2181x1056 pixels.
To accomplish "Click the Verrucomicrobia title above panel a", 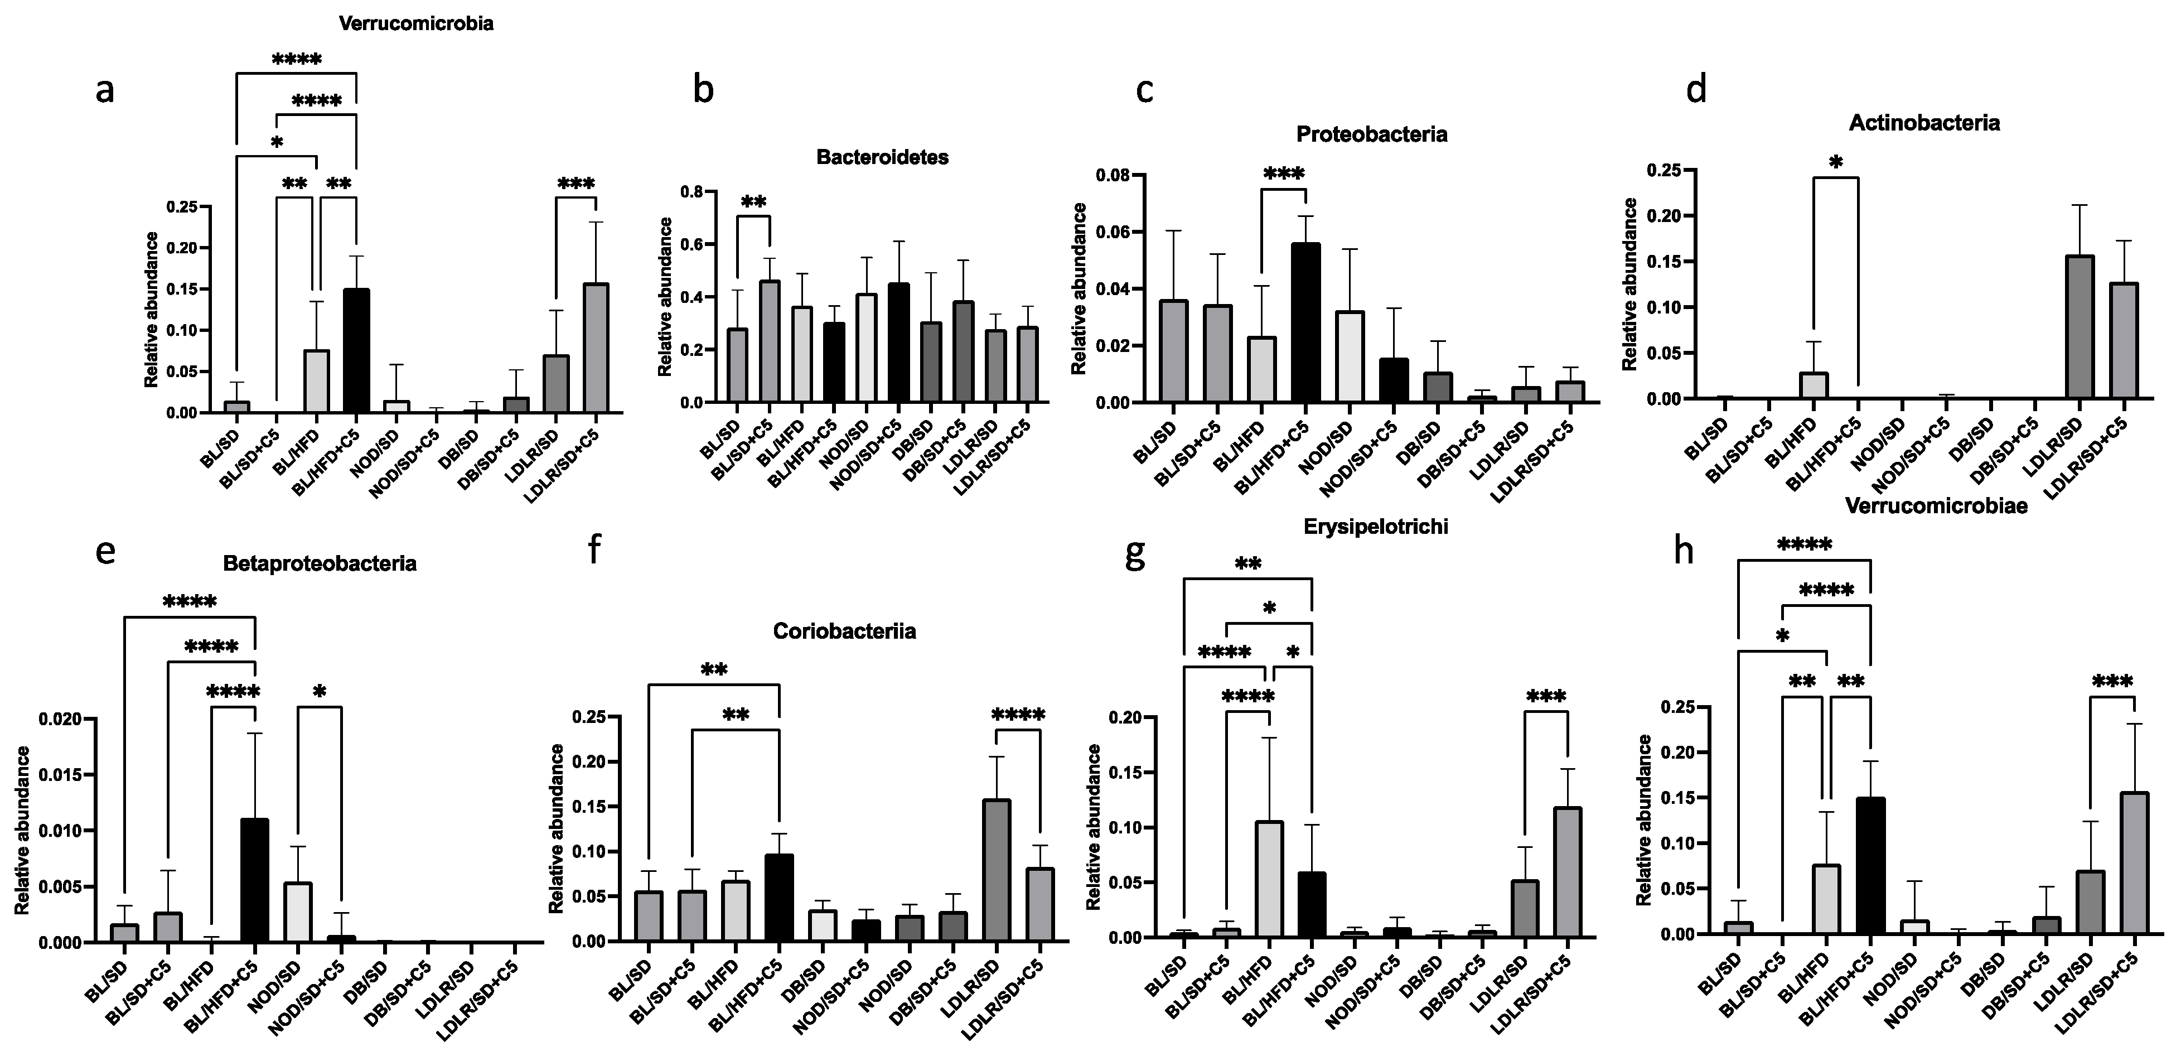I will (x=415, y=24).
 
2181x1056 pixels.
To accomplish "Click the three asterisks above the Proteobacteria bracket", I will (x=1284, y=175).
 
